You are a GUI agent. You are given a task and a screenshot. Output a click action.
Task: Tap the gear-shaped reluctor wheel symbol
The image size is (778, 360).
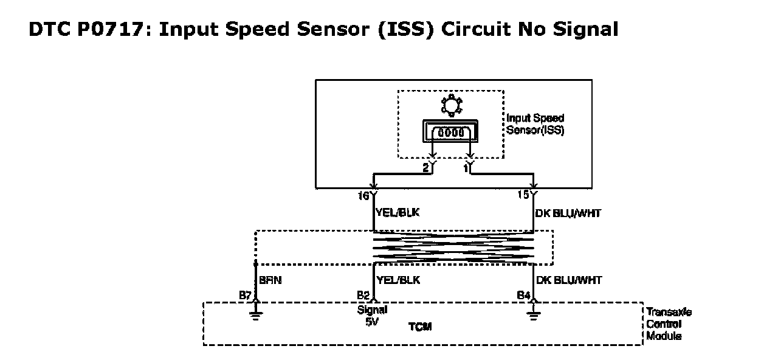pos(451,105)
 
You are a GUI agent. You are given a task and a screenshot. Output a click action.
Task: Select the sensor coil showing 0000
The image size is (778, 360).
pos(451,132)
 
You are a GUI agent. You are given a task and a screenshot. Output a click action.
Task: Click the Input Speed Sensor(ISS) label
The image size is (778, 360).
pos(535,124)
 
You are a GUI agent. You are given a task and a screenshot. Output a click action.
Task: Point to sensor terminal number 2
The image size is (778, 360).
pos(426,167)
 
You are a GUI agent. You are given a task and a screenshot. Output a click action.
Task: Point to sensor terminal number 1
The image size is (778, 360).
pos(465,167)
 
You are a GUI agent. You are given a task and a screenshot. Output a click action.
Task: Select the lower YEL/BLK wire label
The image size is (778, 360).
pos(399,280)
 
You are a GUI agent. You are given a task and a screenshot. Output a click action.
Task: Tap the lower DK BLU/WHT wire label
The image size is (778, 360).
pos(569,280)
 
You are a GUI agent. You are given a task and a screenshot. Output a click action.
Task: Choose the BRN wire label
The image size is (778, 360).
pos(269,280)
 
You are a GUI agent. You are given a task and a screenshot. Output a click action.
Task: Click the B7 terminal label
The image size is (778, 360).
pos(246,296)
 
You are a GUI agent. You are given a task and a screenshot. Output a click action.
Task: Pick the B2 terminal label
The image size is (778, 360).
pos(363,296)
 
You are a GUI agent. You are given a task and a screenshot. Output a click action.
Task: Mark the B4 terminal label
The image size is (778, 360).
pos(523,296)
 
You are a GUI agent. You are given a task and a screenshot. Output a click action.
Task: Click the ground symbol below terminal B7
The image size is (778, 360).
pos(256,314)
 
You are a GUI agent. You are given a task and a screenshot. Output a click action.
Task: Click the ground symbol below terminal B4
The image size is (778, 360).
pos(534,314)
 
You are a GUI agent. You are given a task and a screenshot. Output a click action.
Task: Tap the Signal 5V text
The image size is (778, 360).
pos(373,316)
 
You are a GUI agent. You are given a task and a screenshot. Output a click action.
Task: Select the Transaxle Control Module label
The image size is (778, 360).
pos(669,324)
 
